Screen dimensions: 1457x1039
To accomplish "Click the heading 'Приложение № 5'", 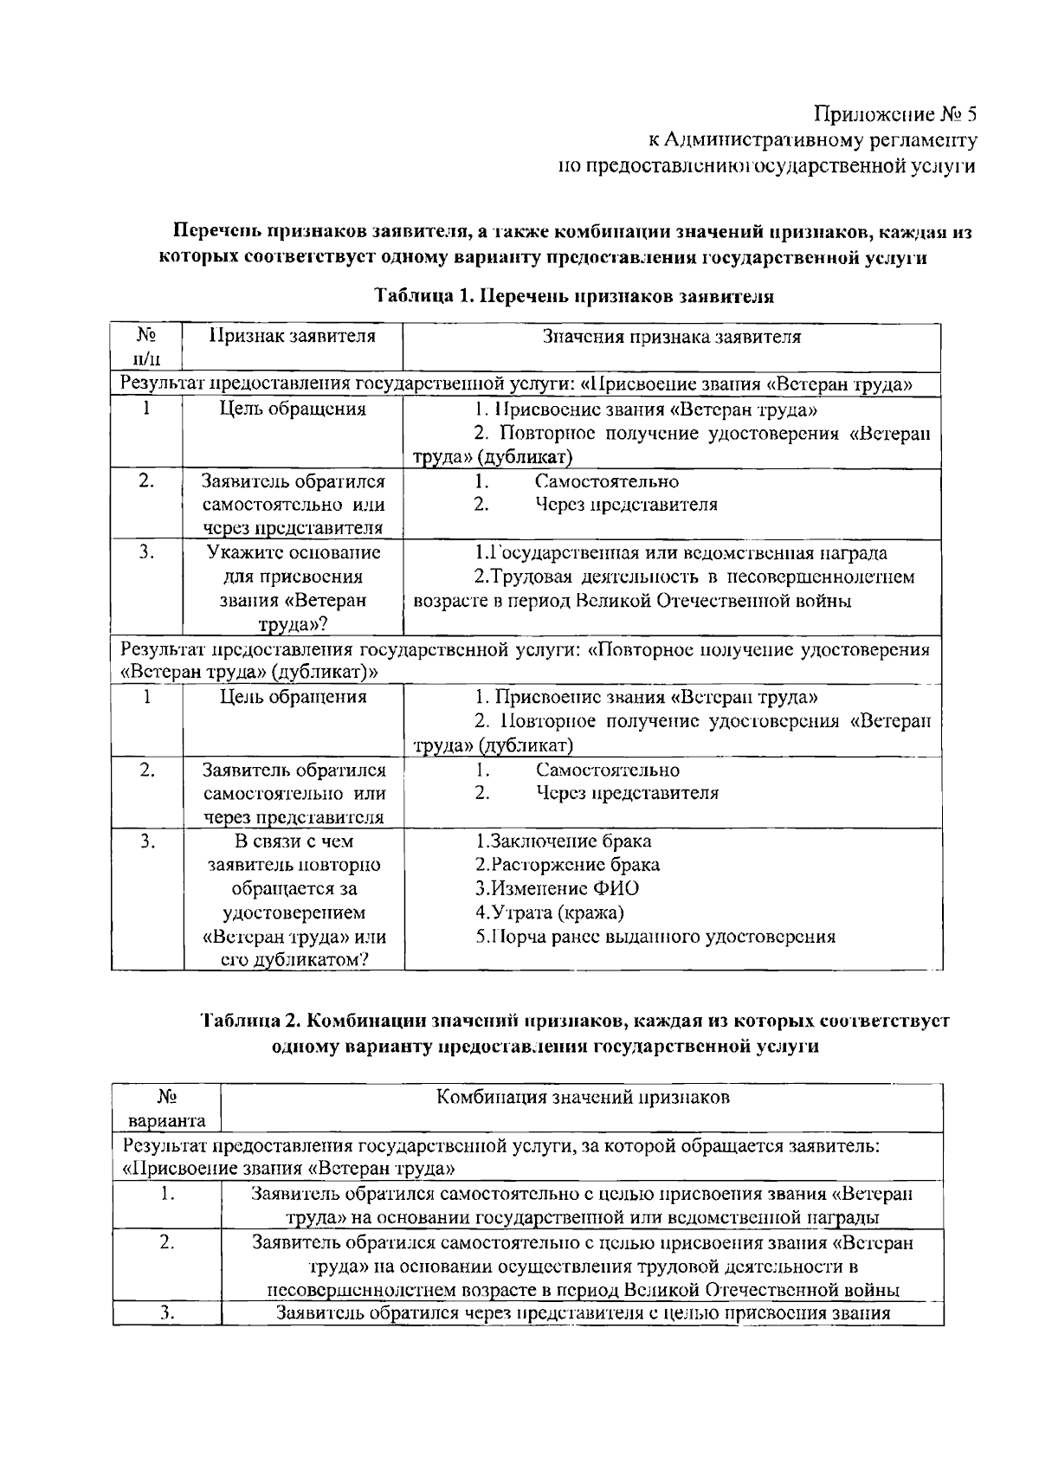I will tap(895, 114).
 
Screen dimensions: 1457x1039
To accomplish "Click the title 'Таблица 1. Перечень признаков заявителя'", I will tap(574, 295).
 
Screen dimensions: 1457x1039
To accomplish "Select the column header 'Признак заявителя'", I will tap(293, 336).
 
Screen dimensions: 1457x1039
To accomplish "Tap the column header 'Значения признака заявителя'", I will tap(671, 336).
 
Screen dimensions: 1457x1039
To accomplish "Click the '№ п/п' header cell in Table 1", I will tap(146, 346).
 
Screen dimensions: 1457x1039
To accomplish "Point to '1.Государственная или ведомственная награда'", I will tap(681, 552).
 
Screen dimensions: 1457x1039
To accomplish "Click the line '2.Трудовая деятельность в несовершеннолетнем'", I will tap(694, 577).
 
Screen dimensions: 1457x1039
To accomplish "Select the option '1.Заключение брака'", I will tap(564, 841).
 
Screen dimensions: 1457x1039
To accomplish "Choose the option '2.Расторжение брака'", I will tap(567, 864).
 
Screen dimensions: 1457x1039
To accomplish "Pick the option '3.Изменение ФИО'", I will tap(558, 888).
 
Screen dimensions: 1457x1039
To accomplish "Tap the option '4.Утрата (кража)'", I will tap(550, 912).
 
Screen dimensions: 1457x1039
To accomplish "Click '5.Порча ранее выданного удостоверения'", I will tap(655, 936).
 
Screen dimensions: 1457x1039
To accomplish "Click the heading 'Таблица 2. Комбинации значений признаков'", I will tap(575, 1021).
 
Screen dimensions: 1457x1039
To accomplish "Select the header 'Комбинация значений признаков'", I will tap(582, 1097).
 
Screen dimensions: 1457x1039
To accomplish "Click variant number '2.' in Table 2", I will tap(166, 1242).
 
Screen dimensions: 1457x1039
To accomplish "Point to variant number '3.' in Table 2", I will tap(166, 1313).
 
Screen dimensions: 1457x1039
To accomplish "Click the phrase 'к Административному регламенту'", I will tap(813, 140).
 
